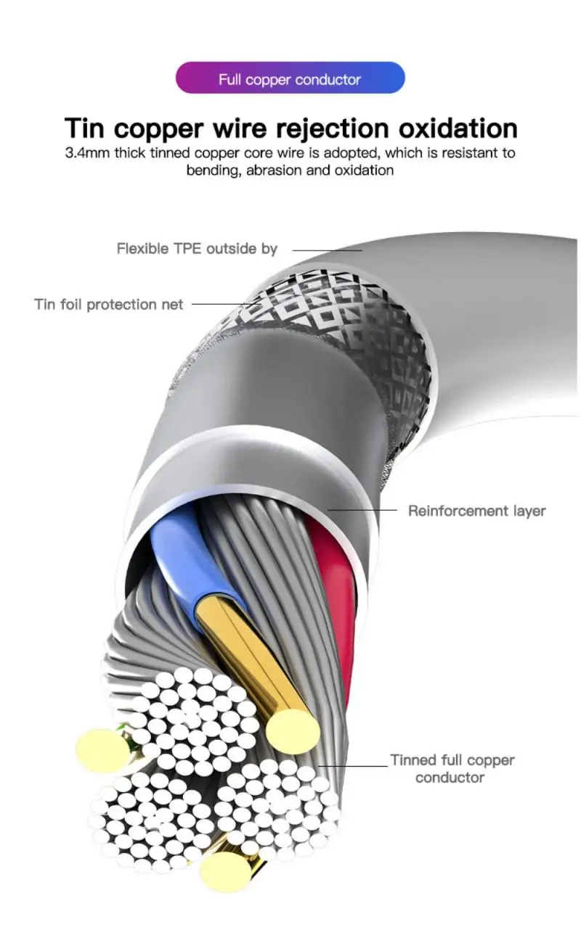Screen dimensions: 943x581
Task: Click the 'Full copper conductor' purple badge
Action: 290,78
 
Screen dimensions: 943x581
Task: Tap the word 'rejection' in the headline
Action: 332,128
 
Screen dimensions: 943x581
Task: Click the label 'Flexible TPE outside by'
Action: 197,249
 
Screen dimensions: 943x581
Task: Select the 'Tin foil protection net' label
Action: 109,304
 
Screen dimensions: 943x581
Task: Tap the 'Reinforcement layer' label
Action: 476,511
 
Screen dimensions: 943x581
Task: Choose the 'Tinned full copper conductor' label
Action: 452,768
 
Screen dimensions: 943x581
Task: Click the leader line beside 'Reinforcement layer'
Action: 363,510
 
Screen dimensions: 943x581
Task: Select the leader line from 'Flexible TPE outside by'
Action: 327,250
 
